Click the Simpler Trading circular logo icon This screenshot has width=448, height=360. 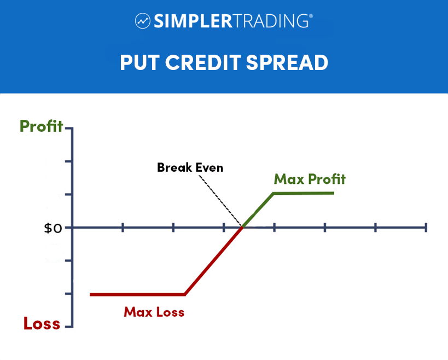143,21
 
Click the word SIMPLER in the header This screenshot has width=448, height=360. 194,21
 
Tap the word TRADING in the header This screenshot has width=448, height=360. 271,21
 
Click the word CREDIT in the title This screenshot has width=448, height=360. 203,62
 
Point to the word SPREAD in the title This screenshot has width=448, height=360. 287,62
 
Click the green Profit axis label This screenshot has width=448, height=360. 41,126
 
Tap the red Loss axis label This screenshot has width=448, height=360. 42,323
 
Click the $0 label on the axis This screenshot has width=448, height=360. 53,228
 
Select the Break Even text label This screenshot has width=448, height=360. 190,167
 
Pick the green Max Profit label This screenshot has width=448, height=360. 310,179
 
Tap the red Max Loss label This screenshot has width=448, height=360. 154,312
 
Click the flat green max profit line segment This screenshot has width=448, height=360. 304,194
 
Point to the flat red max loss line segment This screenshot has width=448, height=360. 137,294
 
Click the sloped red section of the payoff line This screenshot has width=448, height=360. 214,260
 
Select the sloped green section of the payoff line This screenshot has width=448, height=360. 258,210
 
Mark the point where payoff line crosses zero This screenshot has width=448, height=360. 242,228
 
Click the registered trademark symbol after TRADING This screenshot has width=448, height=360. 311,16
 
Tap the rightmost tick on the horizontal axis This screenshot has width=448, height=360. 426,228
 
